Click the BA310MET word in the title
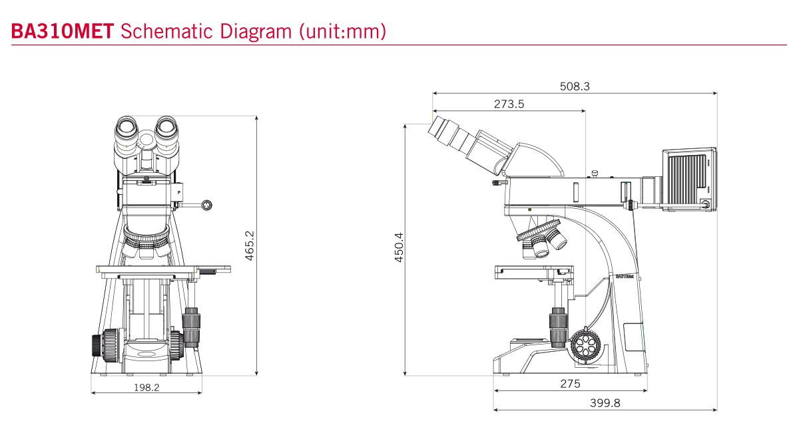63,31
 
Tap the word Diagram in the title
255,32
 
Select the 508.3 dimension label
575,86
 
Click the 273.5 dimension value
509,104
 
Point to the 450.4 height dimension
399,247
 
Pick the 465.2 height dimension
249,245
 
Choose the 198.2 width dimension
146,388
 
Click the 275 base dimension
570,384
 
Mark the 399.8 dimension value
605,403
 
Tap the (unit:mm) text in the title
343,32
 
